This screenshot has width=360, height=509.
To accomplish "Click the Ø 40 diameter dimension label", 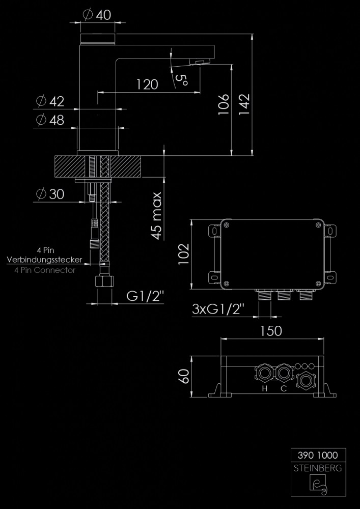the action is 97,15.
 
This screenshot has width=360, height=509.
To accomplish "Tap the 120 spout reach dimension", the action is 147,84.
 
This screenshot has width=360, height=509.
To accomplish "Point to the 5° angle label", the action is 181,79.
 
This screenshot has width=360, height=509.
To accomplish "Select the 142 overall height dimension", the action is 244,104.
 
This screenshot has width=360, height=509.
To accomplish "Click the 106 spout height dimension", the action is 224,104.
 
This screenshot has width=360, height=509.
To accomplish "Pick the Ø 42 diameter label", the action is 50,101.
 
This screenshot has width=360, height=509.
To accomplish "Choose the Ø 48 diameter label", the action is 50,120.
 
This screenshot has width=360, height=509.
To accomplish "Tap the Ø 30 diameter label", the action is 50,194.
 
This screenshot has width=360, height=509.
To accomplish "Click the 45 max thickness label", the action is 157,216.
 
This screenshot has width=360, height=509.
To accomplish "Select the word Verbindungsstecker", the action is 44,260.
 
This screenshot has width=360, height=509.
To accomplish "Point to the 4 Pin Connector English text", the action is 45,270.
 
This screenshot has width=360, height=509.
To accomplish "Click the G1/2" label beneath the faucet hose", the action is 145,296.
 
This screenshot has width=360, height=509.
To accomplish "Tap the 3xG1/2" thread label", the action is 218,309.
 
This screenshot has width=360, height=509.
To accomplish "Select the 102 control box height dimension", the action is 184,254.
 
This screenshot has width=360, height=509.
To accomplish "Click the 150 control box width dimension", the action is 271,331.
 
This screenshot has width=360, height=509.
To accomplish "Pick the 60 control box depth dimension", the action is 184,376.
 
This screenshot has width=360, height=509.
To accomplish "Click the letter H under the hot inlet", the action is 265,388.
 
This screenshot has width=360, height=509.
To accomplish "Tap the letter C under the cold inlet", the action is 284,388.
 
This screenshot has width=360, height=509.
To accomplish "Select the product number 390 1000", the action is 318,455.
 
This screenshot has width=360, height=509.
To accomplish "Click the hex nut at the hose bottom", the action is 104,280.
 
